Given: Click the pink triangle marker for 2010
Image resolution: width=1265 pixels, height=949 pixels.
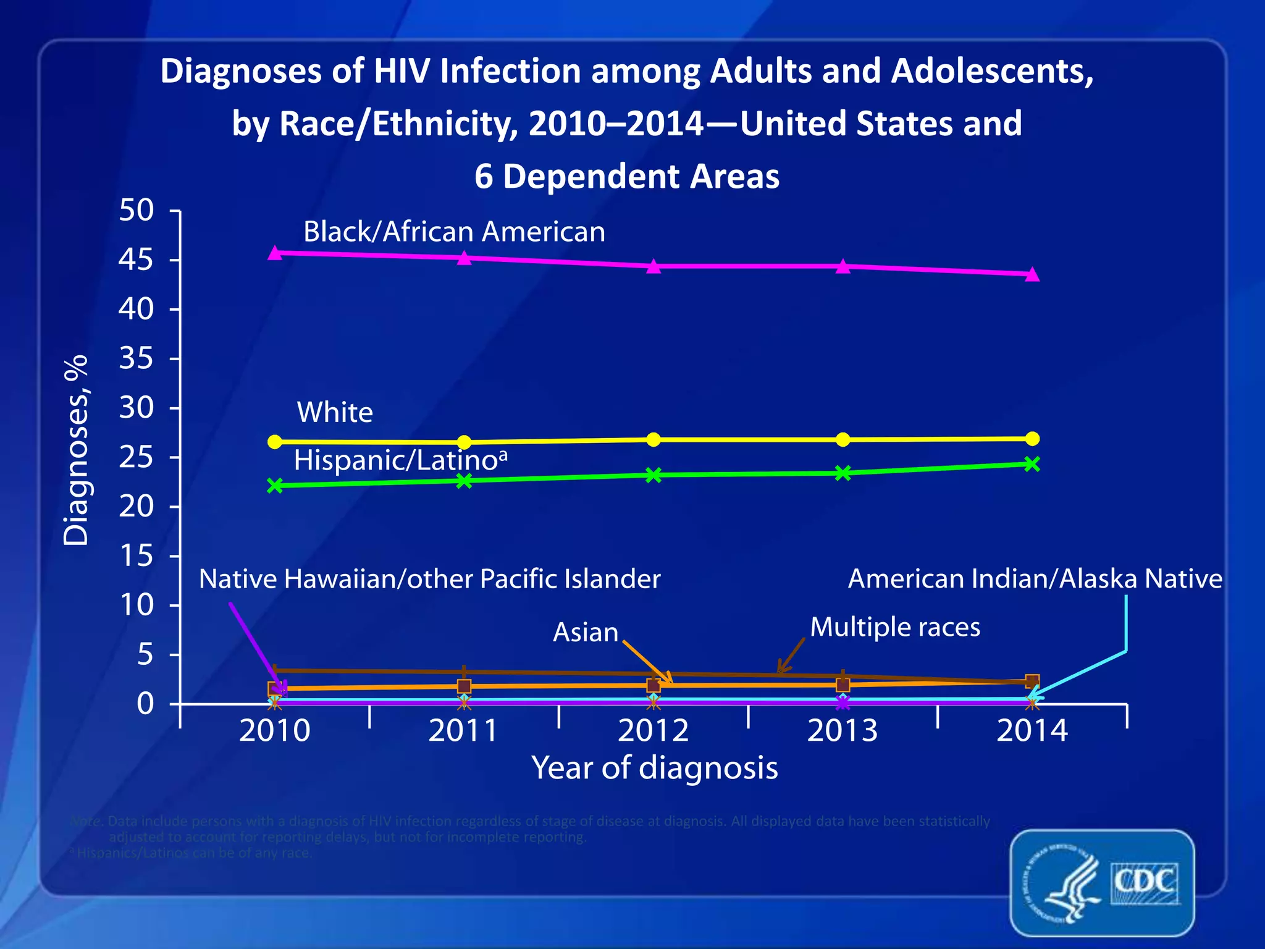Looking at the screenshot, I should (275, 253).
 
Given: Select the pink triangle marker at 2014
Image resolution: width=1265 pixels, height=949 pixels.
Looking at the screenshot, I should (1032, 274).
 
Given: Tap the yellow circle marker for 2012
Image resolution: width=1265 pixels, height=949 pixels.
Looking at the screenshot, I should (654, 439).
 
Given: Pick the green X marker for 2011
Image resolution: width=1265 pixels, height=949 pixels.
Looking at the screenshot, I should (464, 481).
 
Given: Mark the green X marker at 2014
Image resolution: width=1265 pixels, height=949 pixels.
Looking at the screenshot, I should (1032, 464).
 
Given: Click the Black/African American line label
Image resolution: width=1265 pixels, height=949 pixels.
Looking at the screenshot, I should (454, 232).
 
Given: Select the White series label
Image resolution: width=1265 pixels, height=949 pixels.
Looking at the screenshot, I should (335, 413).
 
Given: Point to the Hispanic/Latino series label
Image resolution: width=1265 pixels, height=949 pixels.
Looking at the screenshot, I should (400, 460).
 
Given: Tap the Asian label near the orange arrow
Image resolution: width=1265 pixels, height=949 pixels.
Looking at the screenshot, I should (585, 633).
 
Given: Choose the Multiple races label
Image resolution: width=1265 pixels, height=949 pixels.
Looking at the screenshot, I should (895, 627).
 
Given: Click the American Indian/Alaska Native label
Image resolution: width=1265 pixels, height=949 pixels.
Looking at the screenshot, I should (1035, 579).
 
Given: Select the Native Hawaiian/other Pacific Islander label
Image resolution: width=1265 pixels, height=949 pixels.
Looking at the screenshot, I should (429, 580).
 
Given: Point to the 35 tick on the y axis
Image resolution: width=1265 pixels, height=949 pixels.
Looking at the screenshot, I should (136, 358).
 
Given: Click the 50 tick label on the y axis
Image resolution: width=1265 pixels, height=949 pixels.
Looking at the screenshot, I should (136, 211).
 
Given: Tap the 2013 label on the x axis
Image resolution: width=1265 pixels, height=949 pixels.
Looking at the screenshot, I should (843, 731).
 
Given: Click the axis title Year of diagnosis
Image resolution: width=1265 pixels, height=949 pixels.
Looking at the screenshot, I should (655, 768).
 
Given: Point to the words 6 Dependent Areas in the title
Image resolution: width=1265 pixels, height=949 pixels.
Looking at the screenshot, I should (626, 177).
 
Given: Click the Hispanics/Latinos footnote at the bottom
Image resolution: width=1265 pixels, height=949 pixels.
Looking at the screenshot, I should (191, 853).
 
